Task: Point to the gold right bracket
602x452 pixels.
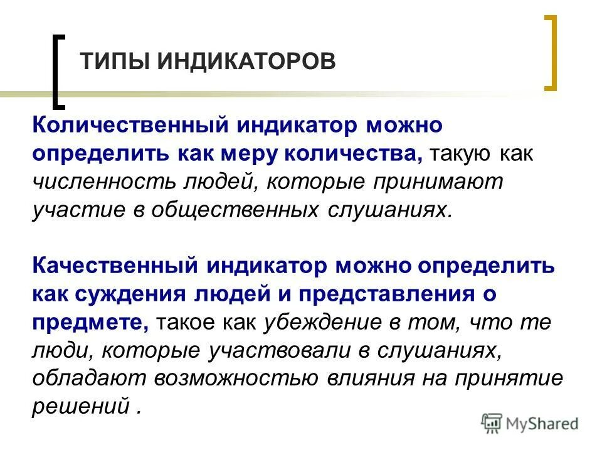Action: (550, 53)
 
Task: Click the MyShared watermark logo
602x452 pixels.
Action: (531, 422)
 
